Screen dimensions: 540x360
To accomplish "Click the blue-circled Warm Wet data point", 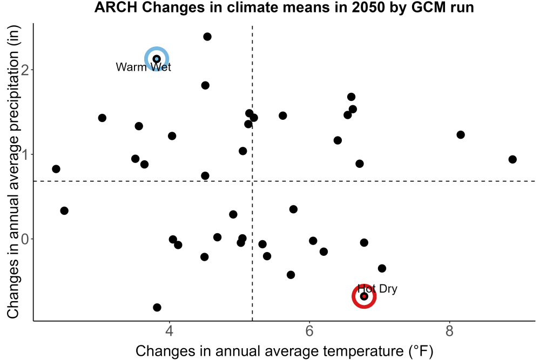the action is [x=157, y=59].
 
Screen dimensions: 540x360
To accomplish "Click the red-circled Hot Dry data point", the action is [x=364, y=296].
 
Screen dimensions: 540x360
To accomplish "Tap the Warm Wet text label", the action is [x=143, y=67].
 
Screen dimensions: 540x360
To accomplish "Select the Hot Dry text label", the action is [x=377, y=288].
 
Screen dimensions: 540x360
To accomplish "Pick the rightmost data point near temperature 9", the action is [x=512, y=159].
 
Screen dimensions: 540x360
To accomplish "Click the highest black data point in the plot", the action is [x=207, y=37].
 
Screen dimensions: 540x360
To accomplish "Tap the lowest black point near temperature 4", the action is [x=157, y=307].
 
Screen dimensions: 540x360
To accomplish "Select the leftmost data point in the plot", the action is [x=56, y=169].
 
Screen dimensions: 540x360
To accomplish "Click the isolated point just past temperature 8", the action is [x=461, y=134].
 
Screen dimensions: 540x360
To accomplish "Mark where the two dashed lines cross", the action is [x=252, y=181].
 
